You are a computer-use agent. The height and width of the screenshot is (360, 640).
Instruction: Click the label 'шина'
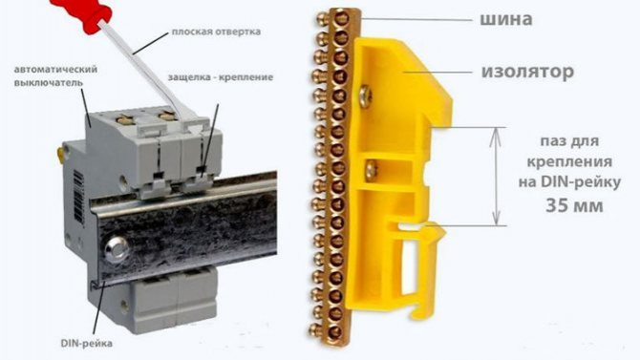tap(505, 19)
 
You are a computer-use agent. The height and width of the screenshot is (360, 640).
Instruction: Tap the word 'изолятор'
tap(527, 72)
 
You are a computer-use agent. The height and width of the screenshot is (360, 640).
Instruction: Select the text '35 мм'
tap(574, 205)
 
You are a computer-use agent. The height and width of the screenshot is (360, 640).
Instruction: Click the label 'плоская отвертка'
tap(216, 32)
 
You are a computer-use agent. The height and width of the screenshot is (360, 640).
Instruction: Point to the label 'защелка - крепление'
tap(221, 77)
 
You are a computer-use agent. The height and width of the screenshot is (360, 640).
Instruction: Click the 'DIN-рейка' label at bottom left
tap(87, 343)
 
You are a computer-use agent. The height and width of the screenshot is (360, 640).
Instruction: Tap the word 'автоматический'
tap(55, 70)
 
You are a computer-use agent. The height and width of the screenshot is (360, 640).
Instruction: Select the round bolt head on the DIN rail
tap(116, 247)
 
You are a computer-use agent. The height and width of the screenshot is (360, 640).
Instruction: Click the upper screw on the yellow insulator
tap(366, 95)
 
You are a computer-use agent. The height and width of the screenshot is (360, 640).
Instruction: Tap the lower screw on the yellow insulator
tap(372, 170)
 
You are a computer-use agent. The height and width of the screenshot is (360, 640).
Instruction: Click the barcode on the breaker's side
tap(78, 197)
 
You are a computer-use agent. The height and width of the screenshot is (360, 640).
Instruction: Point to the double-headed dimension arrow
tap(496, 177)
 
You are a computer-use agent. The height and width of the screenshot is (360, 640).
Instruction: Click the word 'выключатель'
tap(48, 82)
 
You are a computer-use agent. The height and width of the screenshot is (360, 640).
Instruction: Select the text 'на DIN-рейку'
tap(570, 182)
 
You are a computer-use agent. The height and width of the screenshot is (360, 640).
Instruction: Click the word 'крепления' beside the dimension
tap(569, 162)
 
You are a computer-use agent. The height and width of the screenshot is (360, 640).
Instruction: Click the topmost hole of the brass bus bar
tap(340, 18)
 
